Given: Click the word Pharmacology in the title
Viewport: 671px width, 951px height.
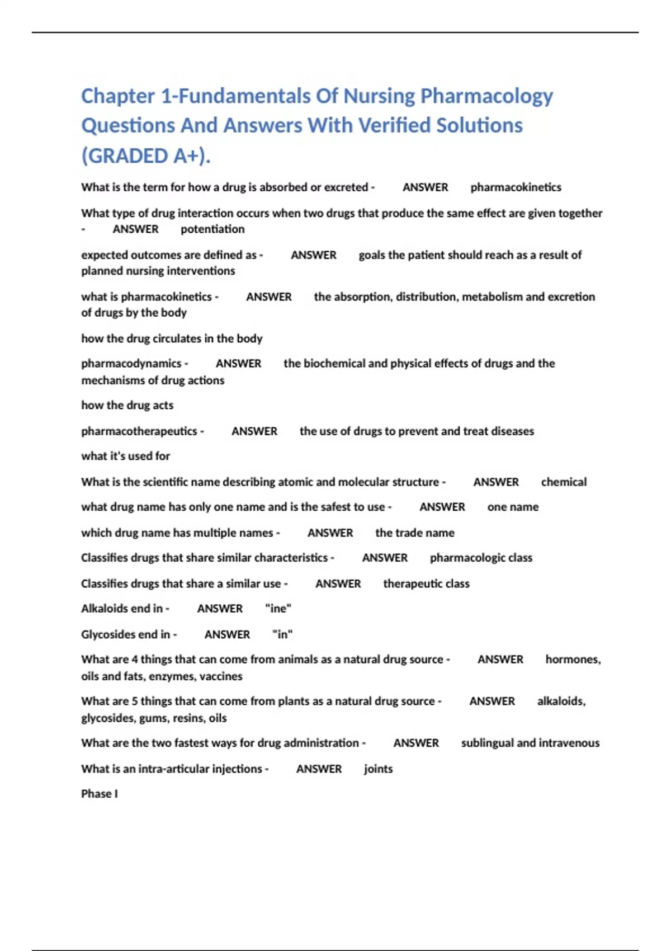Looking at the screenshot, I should (486, 96).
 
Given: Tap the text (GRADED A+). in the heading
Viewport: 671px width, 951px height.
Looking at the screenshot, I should (146, 156).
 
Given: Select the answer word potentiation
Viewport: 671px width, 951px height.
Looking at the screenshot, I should (212, 229).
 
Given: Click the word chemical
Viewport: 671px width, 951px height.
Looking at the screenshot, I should (564, 482).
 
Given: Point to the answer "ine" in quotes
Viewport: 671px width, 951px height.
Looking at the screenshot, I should (278, 608).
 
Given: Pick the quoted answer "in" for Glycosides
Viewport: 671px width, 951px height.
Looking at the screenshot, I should (282, 634).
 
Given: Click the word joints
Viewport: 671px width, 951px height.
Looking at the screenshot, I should (378, 769).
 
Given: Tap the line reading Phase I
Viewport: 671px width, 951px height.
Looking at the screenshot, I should (100, 793).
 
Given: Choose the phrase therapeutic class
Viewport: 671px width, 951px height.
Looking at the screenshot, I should (426, 583).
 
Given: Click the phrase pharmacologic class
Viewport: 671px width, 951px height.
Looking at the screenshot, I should (481, 558).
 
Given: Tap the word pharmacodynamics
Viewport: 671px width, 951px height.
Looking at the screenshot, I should (131, 364).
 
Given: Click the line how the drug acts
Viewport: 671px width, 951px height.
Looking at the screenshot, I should (127, 405).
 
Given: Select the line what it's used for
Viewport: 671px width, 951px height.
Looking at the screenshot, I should (125, 456).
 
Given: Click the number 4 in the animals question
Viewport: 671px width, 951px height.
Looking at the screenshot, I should (135, 660).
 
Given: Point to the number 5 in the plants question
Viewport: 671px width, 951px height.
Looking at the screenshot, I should (135, 702).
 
